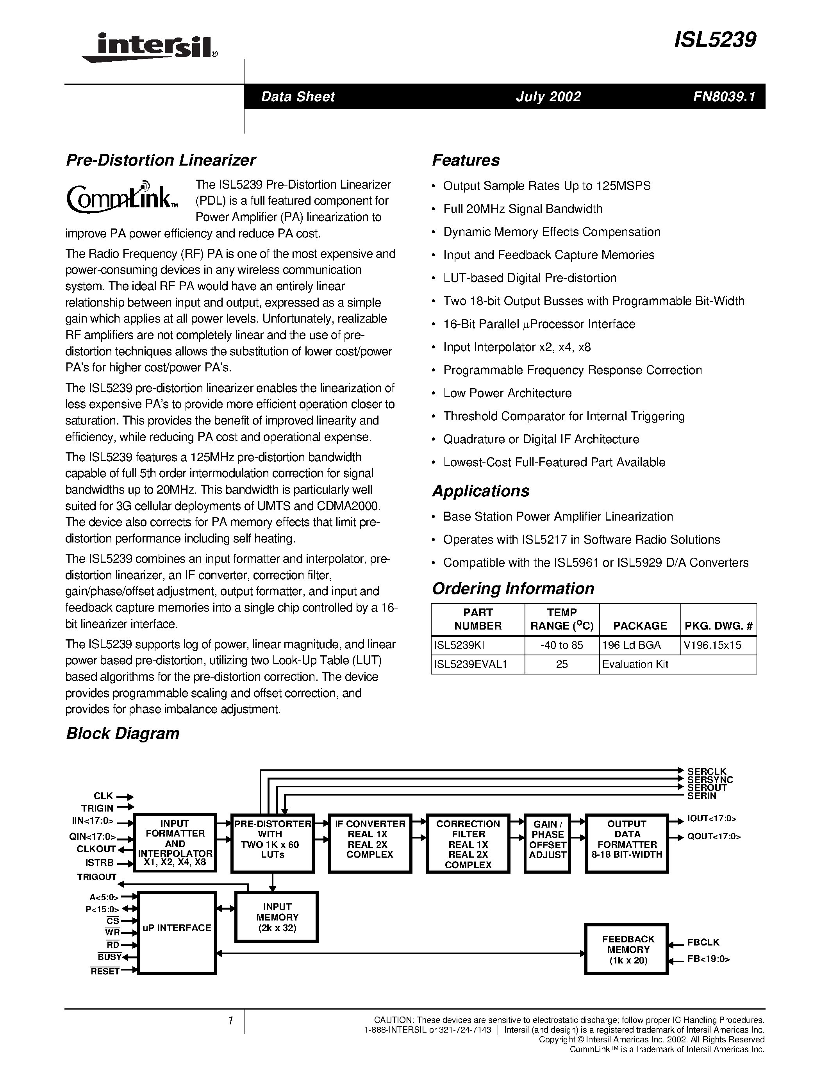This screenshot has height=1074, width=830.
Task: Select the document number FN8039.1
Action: tap(723, 96)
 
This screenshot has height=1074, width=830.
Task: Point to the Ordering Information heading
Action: tap(512, 589)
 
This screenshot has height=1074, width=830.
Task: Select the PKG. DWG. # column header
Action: tap(718, 626)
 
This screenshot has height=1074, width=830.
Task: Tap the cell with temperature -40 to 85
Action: tap(562, 645)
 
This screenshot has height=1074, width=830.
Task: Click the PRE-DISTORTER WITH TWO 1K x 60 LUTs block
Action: tap(272, 843)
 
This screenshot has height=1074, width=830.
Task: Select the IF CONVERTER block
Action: tap(370, 843)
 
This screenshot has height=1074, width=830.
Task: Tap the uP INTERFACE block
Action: tap(177, 928)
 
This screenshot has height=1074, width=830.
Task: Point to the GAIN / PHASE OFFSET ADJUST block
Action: tap(547, 843)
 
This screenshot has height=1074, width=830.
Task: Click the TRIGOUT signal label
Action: tap(97, 877)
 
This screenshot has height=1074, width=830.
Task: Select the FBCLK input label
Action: tap(703, 942)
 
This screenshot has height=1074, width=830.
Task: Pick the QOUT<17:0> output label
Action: tap(714, 836)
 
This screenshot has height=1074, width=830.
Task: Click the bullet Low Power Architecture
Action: tap(507, 393)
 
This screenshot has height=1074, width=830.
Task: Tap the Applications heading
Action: tap(480, 491)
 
